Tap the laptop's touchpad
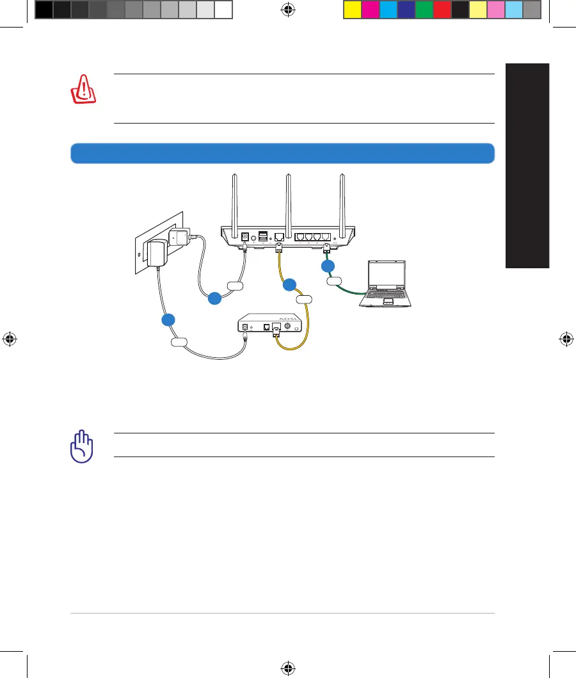(x=388, y=300)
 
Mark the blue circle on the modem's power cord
(x=168, y=319)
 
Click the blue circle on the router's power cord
(x=214, y=297)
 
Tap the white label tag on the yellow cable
(x=304, y=298)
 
